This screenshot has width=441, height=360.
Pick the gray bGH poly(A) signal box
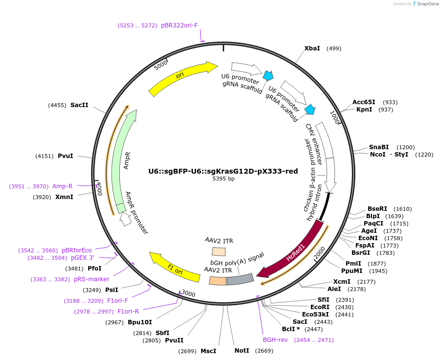(x=239, y=279)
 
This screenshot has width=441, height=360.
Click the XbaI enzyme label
(x=312, y=48)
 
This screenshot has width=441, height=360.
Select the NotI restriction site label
(x=241, y=351)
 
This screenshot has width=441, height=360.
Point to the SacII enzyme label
(x=79, y=105)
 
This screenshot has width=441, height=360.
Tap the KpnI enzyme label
(x=364, y=110)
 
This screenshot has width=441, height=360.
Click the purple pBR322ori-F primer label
(x=179, y=25)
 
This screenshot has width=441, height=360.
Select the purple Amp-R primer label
(x=62, y=186)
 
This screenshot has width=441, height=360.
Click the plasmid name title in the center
(x=223, y=171)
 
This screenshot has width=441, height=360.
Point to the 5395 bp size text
(x=223, y=179)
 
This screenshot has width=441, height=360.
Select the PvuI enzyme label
(x=65, y=156)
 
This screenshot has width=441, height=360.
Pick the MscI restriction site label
(x=208, y=351)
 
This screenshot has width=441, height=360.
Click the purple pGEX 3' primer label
(x=82, y=258)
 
